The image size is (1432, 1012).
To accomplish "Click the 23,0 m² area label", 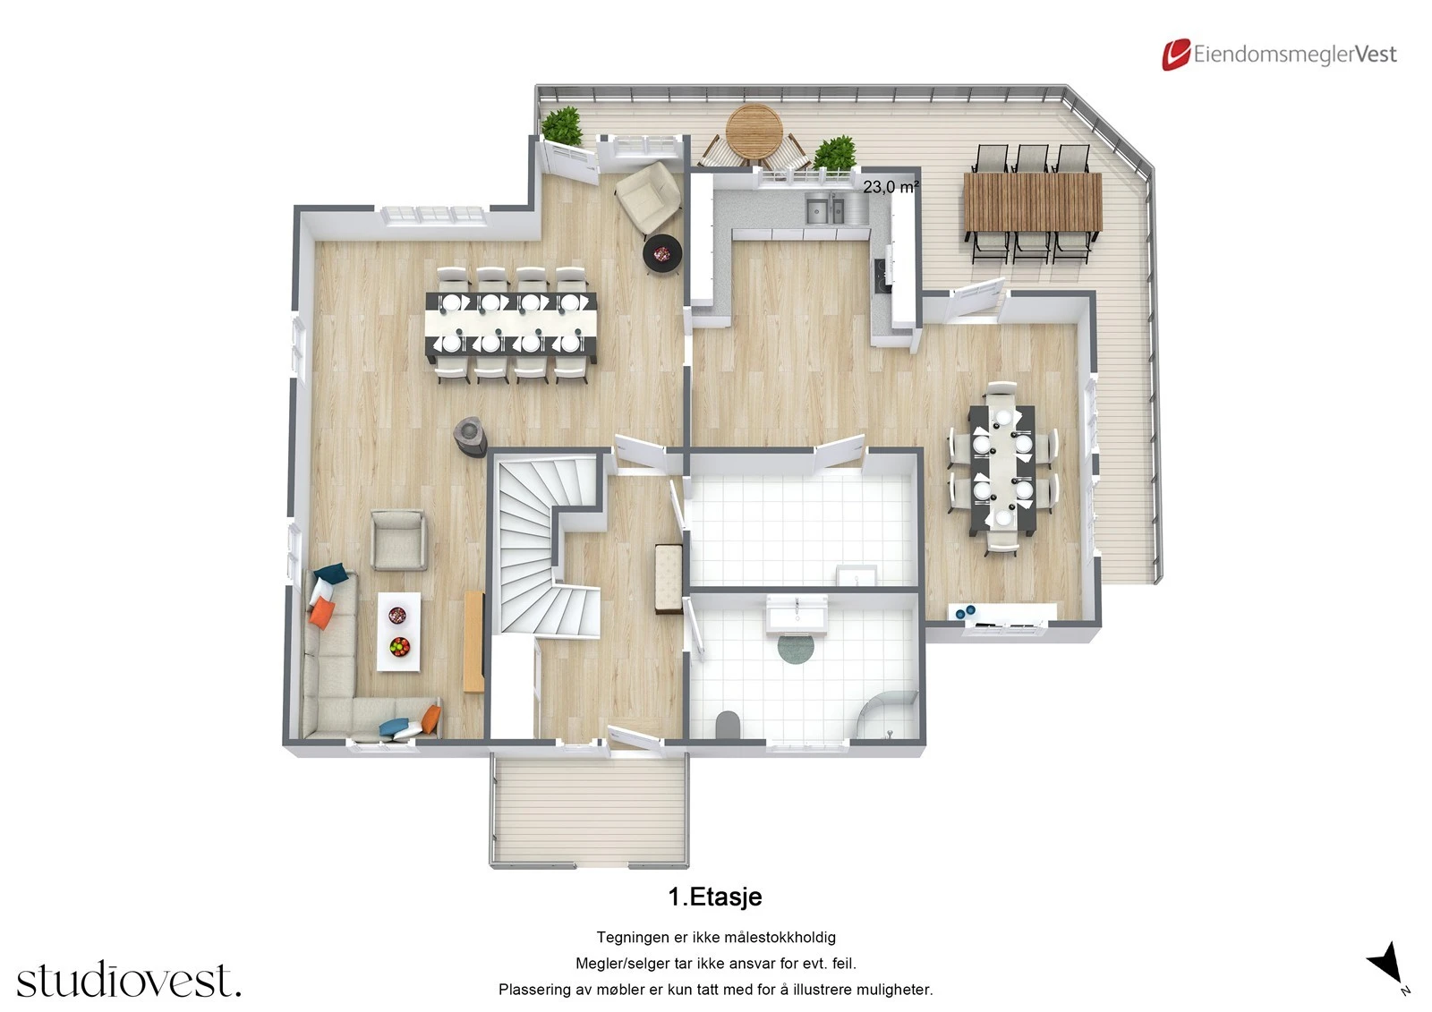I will [x=891, y=187].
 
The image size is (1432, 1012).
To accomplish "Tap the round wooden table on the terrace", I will [x=754, y=132].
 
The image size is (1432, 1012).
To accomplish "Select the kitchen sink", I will [x=824, y=210].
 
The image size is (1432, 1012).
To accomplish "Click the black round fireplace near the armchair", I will [x=662, y=254].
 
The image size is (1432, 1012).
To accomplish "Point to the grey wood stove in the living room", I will [x=471, y=436].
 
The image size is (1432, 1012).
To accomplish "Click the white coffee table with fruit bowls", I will [x=398, y=631].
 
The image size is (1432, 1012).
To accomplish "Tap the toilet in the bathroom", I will [x=729, y=725].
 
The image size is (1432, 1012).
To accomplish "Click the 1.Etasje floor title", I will [x=714, y=897].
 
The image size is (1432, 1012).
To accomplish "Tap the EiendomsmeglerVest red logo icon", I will [x=1175, y=55].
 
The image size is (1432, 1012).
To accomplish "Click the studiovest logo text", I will [x=128, y=981].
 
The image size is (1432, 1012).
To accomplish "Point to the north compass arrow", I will [x=1386, y=963].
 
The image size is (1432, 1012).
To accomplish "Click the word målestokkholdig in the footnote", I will [x=775, y=938].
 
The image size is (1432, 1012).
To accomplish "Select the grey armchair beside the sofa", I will [x=398, y=540].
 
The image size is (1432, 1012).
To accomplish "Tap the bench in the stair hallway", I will [x=668, y=578].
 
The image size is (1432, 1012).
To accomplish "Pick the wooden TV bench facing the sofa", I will [x=474, y=641].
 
